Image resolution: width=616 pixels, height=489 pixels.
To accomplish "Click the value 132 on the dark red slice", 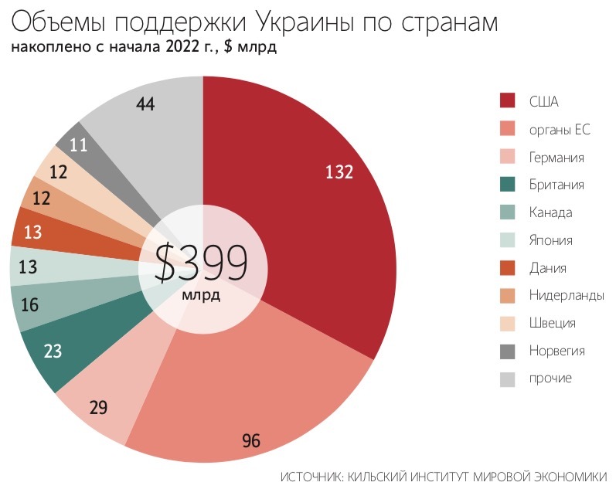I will coord(339,172).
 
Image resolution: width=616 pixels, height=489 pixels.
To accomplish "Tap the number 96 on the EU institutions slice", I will coord(251,441).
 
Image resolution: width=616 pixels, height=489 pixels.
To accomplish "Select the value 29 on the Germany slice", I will coord(98,407).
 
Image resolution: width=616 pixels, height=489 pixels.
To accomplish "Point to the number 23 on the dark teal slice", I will coord(53,351).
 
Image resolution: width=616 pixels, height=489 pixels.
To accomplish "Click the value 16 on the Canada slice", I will coord(30,305).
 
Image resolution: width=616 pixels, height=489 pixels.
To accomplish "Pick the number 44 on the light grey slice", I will coord(145,104).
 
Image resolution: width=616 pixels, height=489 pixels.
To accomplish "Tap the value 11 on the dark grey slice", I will coord(78,144).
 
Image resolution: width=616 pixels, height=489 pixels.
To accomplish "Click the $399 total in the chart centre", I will coord(202,263).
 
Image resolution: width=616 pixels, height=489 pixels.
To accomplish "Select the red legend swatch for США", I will coord(508,101).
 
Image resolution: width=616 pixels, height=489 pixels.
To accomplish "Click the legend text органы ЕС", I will coord(560,130).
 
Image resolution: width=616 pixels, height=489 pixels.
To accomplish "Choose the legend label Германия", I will coord(556,158).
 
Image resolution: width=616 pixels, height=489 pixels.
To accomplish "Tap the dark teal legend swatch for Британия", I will coord(508,185).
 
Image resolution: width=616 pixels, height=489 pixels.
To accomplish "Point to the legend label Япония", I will coord(550,240).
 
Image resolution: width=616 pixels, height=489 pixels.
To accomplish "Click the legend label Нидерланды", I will coord(566,295).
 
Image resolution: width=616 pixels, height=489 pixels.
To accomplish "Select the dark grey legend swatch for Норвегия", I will coord(508,351).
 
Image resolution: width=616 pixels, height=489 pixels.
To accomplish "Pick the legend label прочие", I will coord(550,378).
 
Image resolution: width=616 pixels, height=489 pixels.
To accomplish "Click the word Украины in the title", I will coord(292,21).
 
